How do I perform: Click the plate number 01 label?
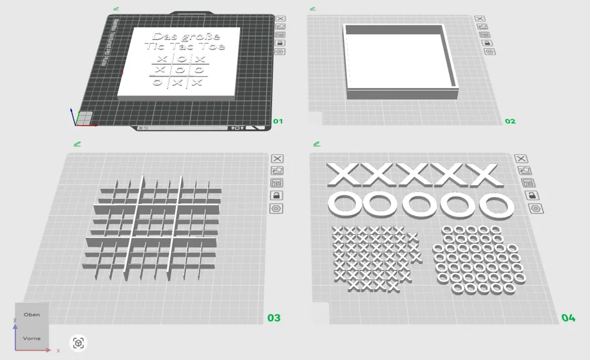278,122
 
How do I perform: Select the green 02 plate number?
510,122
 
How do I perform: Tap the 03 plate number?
274,318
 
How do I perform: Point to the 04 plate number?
568,318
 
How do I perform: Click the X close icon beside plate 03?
277,158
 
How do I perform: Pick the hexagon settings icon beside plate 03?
277,208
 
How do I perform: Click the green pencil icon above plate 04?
317,143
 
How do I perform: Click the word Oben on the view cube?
31,315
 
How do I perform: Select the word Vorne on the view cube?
31,338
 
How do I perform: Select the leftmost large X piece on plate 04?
343,174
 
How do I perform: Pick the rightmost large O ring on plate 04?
496,205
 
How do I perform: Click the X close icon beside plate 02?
481,19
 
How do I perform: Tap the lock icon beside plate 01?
280,42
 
